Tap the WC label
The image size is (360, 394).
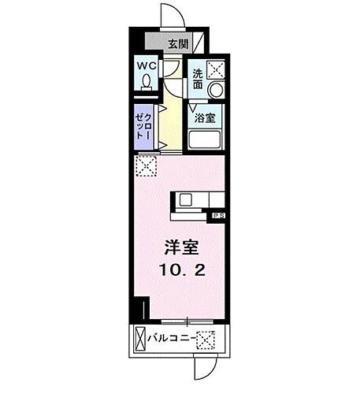pos(147,67)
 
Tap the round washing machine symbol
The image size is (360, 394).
pos(213,91)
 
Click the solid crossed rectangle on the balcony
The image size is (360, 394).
pos(139,340)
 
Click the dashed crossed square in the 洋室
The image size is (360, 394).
pos(145,166)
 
